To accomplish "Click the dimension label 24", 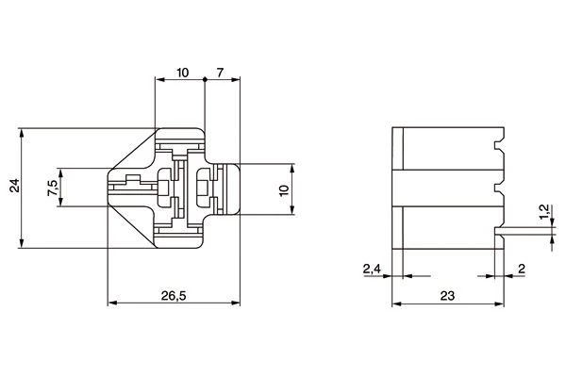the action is (x=14, y=185).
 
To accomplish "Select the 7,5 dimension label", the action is (x=52, y=188).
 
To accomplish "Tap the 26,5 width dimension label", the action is (x=174, y=296).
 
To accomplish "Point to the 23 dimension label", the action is (x=447, y=296).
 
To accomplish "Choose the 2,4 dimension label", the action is (x=372, y=269).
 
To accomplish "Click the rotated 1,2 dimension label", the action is (x=544, y=212).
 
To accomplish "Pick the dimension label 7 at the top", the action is (x=220, y=73).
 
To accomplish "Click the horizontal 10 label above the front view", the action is (x=183, y=73).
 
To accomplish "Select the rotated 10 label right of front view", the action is (x=285, y=190).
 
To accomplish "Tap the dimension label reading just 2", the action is (x=522, y=269).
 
